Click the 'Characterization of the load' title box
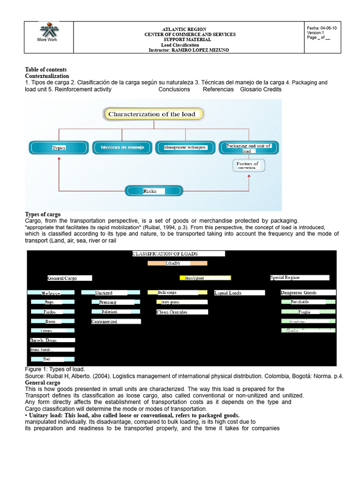[x=152, y=114]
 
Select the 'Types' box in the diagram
[x=59, y=148]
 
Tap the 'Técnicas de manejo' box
[x=122, y=147]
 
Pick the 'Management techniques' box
[x=185, y=147]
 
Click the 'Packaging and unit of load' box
[x=248, y=148]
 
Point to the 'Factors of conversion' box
[x=248, y=165]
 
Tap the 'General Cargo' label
[x=69, y=278]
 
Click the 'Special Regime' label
[x=300, y=277]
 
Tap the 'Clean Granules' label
[x=182, y=312]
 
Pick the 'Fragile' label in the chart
[x=308, y=312]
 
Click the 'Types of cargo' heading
[x=43, y=214]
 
